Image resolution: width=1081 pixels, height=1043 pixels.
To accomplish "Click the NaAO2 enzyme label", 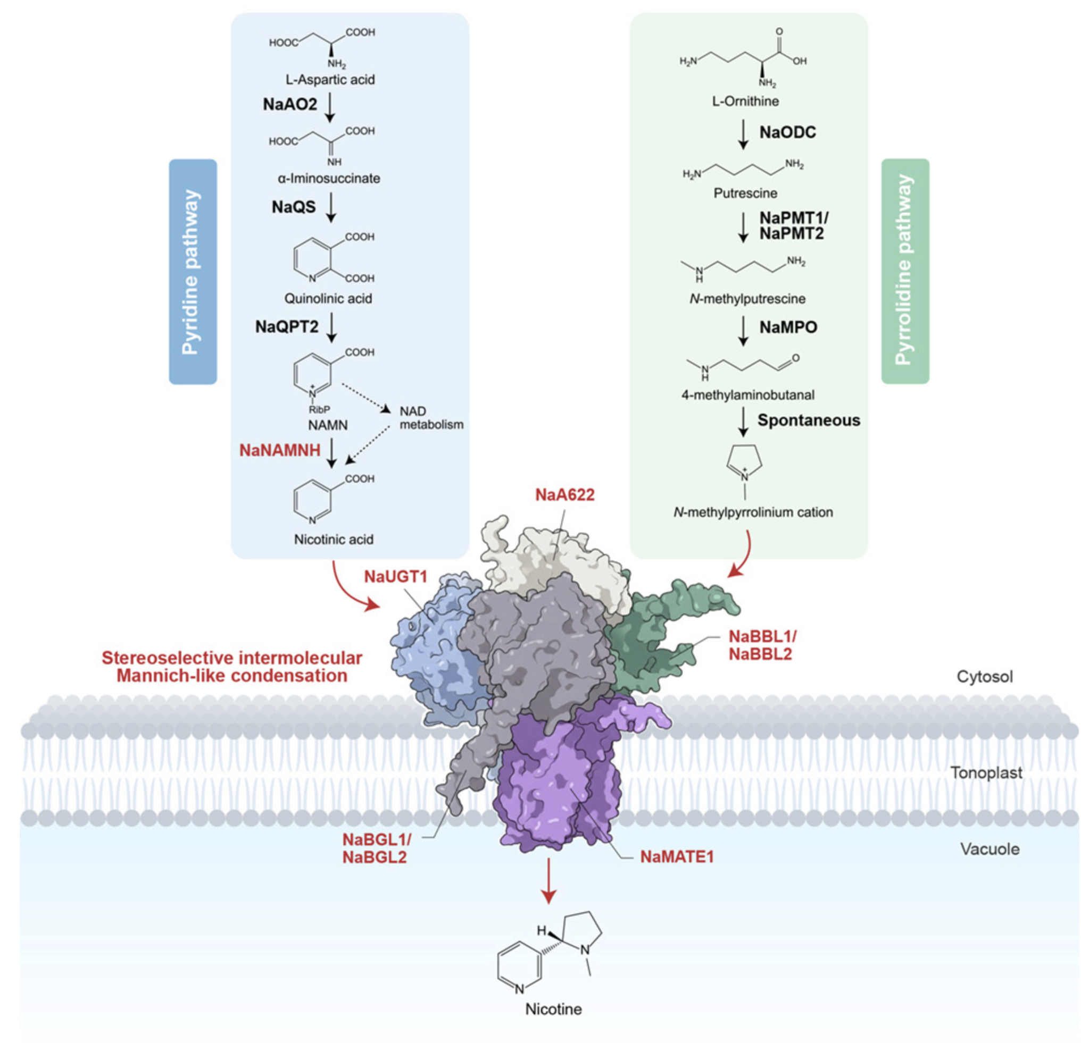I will tap(289, 104).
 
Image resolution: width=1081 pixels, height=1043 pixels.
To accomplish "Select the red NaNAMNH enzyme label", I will tap(280, 450).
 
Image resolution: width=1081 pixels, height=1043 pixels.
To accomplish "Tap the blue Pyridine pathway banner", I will tap(193, 272).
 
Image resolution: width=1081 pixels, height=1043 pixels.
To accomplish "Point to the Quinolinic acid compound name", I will tap(328, 299).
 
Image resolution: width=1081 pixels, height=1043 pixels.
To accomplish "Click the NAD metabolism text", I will tap(431, 418).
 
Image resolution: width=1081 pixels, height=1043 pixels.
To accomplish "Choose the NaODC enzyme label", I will tap(787, 132).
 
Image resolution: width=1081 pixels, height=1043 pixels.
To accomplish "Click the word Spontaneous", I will tap(809, 420).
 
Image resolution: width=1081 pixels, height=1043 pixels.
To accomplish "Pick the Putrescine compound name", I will tap(745, 194).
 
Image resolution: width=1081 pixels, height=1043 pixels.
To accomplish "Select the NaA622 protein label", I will tap(565, 494).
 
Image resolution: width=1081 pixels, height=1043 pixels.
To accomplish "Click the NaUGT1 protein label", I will tap(395, 577).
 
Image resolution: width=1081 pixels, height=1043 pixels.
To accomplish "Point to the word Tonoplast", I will tap(986, 773).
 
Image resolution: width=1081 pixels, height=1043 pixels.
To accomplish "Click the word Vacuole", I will tap(989, 849).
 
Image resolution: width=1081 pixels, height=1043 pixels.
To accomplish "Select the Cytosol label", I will tap(985, 677).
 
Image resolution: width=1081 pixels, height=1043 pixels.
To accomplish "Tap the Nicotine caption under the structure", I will tap(553, 1010).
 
